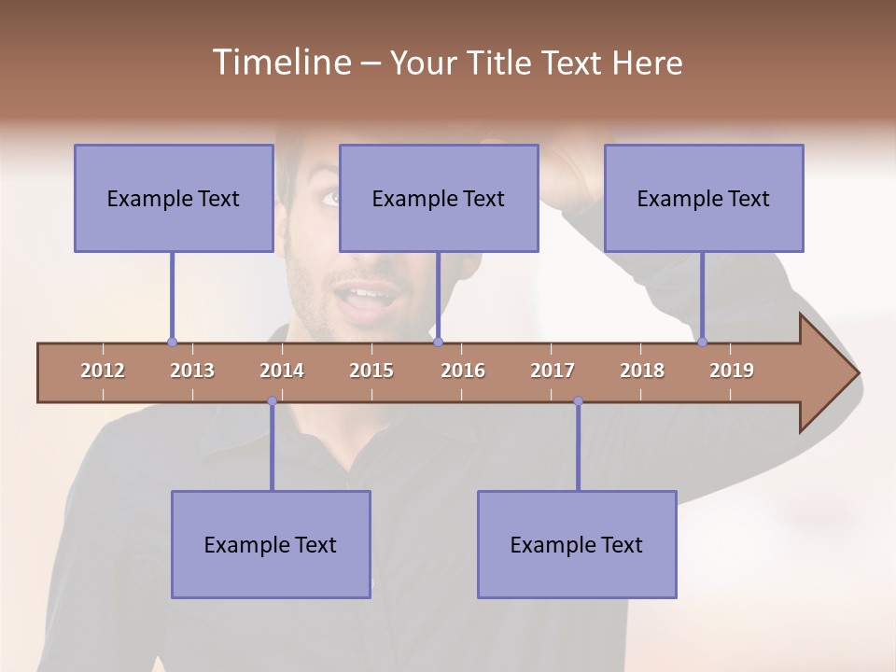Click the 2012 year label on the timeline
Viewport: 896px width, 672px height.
pyautogui.click(x=103, y=371)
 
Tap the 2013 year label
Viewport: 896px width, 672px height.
pyautogui.click(x=192, y=371)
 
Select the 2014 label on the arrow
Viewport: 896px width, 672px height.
pyautogui.click(x=282, y=371)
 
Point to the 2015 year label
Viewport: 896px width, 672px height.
pyautogui.click(x=371, y=371)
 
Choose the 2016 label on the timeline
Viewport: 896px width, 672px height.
pyautogui.click(x=463, y=371)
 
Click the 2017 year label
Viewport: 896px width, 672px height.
pyautogui.click(x=553, y=371)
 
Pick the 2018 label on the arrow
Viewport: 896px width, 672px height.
pyautogui.click(x=642, y=371)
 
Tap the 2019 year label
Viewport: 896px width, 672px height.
pyautogui.click(x=732, y=371)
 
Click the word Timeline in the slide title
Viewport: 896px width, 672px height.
pyautogui.click(x=280, y=63)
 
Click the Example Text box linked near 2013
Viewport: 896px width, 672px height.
pyautogui.click(x=174, y=198)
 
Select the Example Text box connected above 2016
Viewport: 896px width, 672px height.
pyautogui.click(x=439, y=198)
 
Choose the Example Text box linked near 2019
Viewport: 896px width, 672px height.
pyautogui.click(x=704, y=198)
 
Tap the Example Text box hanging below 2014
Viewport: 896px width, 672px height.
pyautogui.click(x=271, y=544)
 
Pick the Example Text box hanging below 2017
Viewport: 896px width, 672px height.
pyautogui.click(x=577, y=544)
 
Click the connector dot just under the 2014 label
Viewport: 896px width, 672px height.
pyautogui.click(x=272, y=401)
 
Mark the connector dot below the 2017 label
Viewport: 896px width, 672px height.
pyautogui.click(x=578, y=401)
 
